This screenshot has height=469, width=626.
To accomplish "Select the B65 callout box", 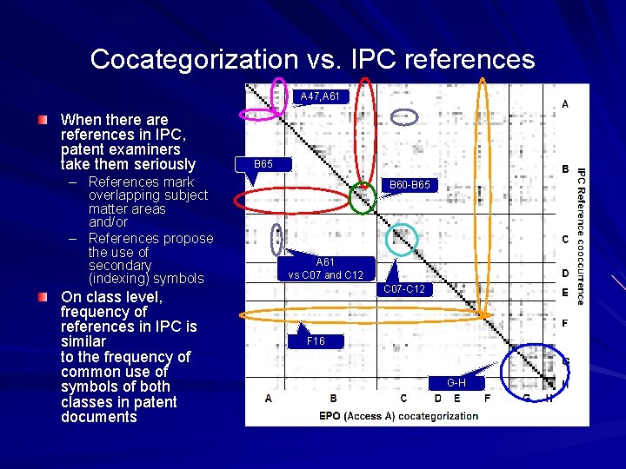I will pos(264,163).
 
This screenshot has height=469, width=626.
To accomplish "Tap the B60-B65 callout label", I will pos(409,185).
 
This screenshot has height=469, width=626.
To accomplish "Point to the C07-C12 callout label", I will pos(407,289).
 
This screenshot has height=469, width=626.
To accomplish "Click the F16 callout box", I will pos(316,341).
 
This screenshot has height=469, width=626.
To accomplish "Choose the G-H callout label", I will pos(456,383).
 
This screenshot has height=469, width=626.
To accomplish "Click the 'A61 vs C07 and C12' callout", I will pos(325,268).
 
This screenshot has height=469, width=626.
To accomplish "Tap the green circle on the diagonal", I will pos(363,199).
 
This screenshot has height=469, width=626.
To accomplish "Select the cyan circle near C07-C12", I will pos(401,239).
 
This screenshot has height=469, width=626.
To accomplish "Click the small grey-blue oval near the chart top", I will pos(403,116).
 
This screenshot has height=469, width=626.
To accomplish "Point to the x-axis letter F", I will pos(487,399).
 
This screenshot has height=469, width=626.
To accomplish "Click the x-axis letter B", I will pos(333,399).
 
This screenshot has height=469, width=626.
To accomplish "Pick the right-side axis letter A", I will pos(565,104).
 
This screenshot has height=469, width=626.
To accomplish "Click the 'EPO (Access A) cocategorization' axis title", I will pos(398,415).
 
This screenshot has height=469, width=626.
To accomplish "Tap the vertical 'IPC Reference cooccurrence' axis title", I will pos(582,235).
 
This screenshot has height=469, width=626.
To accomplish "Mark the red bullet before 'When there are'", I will pos(43,117).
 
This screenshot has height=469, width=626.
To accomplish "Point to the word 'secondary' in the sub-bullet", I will pos(120,265).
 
